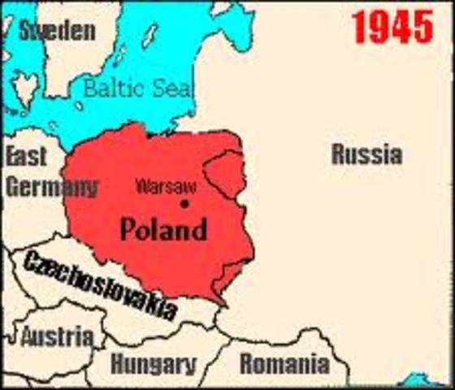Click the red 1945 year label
392,29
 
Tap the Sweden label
57,32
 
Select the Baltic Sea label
137,89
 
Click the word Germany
50,186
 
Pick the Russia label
366,154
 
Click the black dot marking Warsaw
184,203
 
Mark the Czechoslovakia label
99,284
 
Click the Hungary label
154,363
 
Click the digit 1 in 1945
359,29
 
